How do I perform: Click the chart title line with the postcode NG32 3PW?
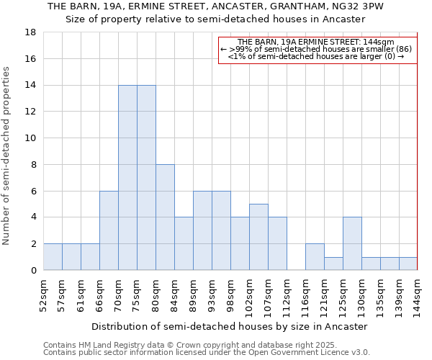click(x=215, y=6)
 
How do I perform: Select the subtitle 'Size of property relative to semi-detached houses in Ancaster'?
click(x=215, y=19)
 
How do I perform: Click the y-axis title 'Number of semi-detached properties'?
click(x=6, y=156)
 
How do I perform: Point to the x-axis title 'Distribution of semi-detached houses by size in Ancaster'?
click(x=230, y=326)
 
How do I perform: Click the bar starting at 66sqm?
click(x=109, y=230)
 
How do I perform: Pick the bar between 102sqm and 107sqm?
click(x=258, y=237)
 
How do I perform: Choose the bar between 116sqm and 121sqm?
click(x=315, y=257)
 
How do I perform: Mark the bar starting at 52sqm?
click(x=53, y=257)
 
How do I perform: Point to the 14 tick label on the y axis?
click(x=31, y=85)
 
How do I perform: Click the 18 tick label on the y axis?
click(x=31, y=32)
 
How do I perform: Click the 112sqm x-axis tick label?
click(x=287, y=296)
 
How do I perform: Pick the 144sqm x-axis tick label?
click(x=418, y=296)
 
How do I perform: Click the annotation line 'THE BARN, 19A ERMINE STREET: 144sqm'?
click(x=317, y=42)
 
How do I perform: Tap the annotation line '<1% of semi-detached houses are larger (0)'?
click(x=317, y=56)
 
